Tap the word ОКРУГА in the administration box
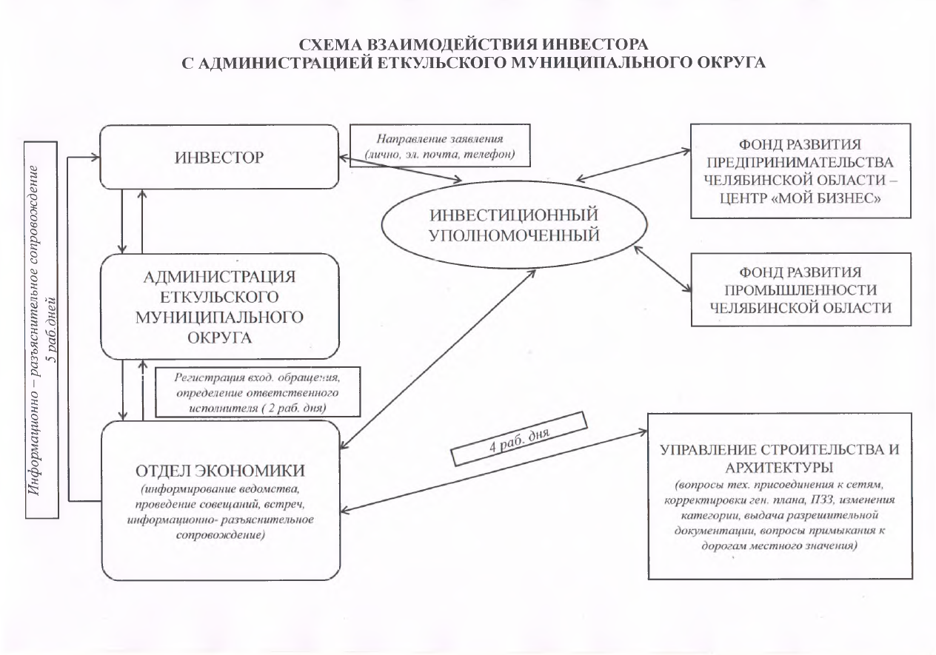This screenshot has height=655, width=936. pos(220,338)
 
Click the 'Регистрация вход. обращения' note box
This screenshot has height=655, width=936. pos(258,391)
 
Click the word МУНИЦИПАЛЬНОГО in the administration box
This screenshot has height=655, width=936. pos(220,318)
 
